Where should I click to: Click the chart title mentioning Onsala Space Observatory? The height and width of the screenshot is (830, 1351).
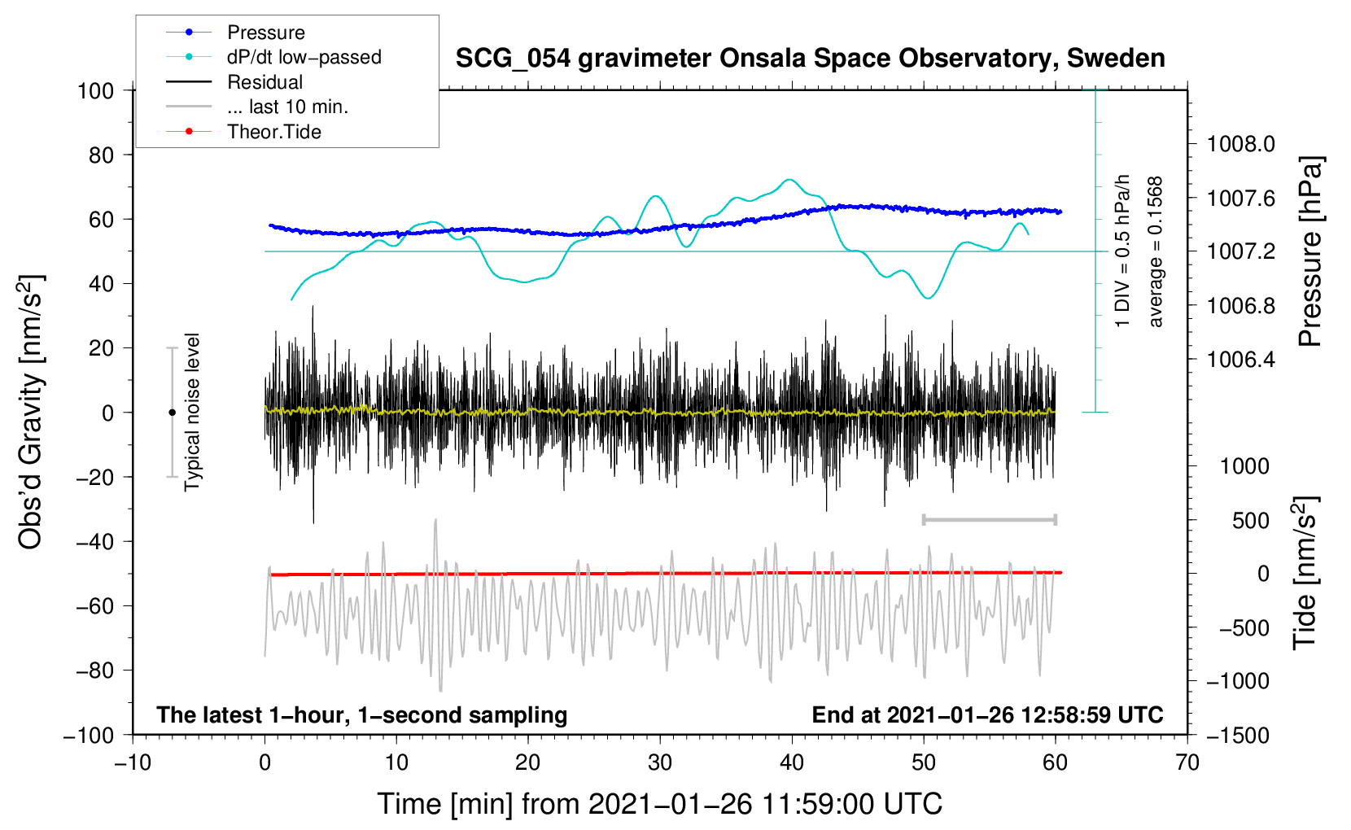[x=810, y=59]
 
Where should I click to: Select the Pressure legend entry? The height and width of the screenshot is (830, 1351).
[x=265, y=33]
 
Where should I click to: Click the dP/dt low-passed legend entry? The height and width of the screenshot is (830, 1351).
[x=304, y=57]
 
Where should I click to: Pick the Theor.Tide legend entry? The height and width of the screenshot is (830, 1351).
[x=273, y=132]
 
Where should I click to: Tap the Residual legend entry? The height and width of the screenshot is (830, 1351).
[x=265, y=82]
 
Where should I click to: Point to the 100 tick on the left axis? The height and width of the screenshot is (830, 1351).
[x=95, y=90]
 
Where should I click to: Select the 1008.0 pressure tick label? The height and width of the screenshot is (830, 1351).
[x=1240, y=145]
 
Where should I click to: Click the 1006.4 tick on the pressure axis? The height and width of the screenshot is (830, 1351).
[x=1240, y=360]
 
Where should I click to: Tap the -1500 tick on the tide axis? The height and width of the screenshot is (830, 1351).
[x=1237, y=736]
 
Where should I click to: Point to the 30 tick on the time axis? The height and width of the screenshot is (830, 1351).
[x=660, y=763]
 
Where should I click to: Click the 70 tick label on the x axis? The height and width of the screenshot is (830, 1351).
[x=1187, y=763]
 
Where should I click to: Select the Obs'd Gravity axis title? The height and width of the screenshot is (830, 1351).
[x=30, y=412]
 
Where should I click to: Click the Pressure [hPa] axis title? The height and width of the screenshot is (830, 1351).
[x=1310, y=252]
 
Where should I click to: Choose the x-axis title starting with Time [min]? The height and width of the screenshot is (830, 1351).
[x=659, y=804]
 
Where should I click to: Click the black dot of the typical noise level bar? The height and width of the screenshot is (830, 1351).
[x=172, y=413]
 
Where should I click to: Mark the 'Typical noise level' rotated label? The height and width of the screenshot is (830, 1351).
[x=192, y=412]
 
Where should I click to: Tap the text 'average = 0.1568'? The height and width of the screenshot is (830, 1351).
[x=1156, y=252]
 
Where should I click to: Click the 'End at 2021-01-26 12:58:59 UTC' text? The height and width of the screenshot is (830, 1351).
[x=987, y=715]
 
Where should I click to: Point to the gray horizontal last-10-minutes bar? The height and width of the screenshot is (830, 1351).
[x=989, y=520]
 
